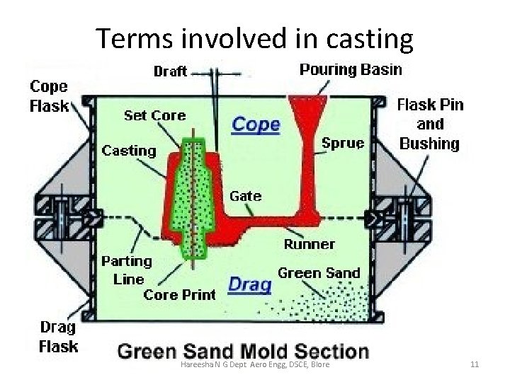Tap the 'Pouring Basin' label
pos(351,69)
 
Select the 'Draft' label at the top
pos(170,71)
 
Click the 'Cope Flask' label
pos(49,96)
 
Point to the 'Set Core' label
pos(154,115)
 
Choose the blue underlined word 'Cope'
pos(256,125)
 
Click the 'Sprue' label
pos(343,143)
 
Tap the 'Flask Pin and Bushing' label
pos(430,124)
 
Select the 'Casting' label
pos(128,151)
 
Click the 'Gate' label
pos(245,195)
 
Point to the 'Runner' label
pos(310,244)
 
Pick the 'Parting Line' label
pos(127,270)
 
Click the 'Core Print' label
pos(179,295)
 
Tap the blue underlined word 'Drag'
pos(250,284)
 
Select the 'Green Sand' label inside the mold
pos(319,272)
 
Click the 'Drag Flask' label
pos(58,337)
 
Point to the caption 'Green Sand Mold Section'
pos(243,352)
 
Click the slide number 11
pos(475,364)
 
